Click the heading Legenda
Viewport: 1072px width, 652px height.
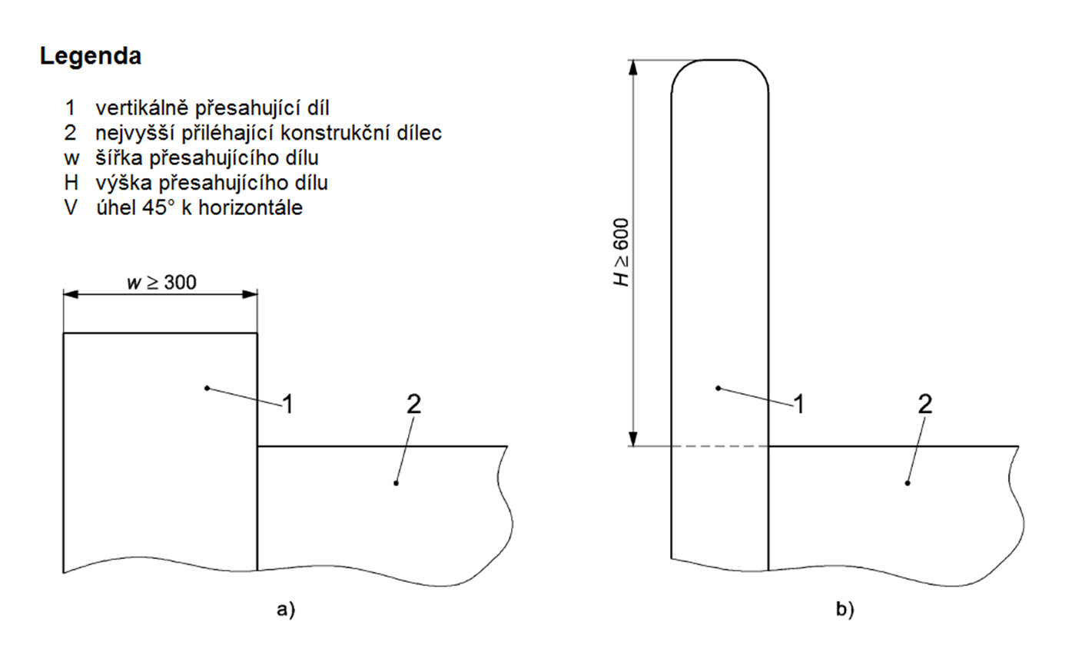click(91, 57)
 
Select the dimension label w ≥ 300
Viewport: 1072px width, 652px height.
click(161, 283)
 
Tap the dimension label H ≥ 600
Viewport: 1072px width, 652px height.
click(622, 253)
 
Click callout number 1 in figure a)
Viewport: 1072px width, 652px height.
click(288, 405)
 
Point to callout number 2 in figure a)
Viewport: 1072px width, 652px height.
click(414, 404)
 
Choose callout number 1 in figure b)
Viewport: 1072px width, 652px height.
click(799, 405)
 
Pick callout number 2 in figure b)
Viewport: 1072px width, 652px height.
click(925, 404)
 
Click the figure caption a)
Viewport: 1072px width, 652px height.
click(286, 610)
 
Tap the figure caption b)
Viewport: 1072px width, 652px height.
click(845, 610)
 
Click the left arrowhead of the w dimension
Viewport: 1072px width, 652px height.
click(71, 294)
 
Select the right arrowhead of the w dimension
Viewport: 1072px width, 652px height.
click(250, 294)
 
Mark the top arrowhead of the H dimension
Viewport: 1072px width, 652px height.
click(633, 68)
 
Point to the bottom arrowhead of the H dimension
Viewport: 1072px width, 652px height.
click(633, 439)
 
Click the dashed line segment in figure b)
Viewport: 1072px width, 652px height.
click(720, 446)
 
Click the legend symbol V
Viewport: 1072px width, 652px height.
click(71, 208)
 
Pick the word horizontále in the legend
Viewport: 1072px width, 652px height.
click(251, 208)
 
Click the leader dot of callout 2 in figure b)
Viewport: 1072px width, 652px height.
click(908, 483)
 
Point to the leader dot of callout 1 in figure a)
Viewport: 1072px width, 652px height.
click(207, 388)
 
